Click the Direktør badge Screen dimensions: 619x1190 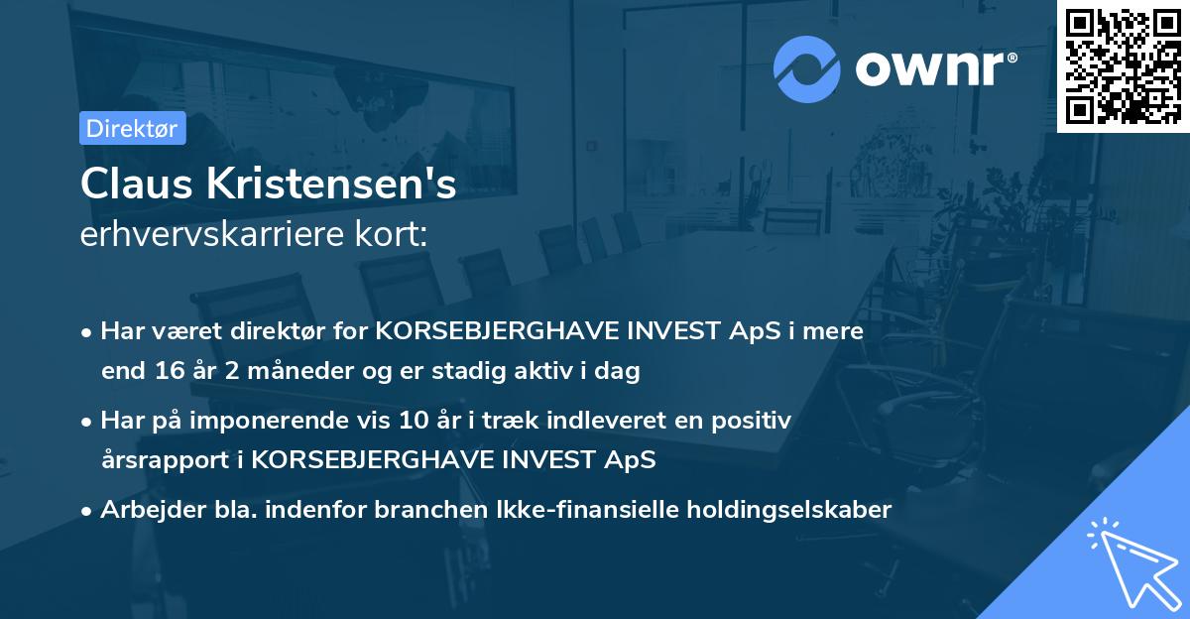132,128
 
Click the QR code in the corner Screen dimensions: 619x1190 1124,65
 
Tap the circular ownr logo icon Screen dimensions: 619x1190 807,68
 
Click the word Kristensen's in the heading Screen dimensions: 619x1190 329,185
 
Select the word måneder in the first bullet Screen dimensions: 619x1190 278,372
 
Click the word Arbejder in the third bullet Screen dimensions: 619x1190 145,510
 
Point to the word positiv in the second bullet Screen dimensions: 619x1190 752,421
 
